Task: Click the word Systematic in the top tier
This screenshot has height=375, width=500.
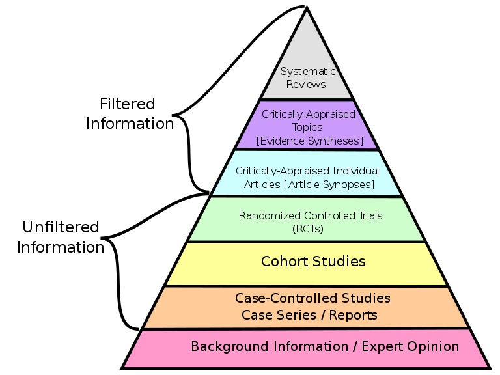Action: coord(307,72)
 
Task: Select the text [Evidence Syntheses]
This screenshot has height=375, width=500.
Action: coord(309,140)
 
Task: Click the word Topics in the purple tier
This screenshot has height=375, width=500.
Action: coord(309,127)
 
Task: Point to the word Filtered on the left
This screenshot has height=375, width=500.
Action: coord(128,104)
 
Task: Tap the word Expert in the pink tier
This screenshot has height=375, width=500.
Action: coord(384,346)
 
